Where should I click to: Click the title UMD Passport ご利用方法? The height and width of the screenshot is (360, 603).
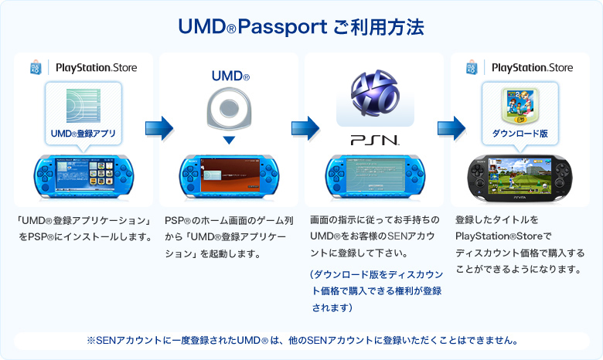point(301,28)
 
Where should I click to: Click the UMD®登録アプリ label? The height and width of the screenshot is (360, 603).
point(83,134)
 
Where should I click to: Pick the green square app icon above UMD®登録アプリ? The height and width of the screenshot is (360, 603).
point(83,106)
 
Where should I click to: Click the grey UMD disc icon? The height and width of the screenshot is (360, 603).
point(229,108)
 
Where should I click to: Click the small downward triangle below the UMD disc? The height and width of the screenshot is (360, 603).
point(229,141)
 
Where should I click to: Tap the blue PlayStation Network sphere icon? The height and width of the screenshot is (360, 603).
point(374,93)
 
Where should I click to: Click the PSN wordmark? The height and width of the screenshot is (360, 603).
point(374,141)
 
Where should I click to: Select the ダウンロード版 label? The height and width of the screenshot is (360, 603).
point(520,134)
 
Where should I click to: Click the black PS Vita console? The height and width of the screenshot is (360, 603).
point(520,178)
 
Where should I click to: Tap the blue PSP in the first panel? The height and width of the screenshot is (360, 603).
point(83,178)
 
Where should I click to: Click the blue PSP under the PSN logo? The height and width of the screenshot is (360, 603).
point(374,178)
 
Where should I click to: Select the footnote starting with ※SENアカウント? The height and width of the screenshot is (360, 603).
point(301,339)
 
